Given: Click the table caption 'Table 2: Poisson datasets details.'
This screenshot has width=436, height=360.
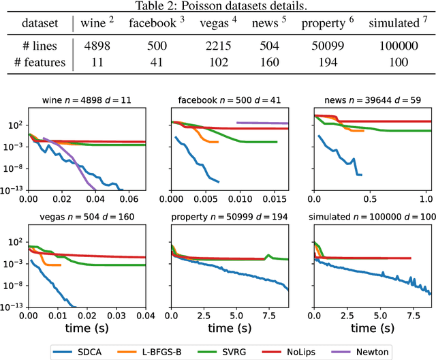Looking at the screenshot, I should tap(218, 6).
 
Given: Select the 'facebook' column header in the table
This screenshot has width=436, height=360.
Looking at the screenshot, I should tap(154, 23).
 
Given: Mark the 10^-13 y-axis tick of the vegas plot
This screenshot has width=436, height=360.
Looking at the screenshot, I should tap(14, 307).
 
